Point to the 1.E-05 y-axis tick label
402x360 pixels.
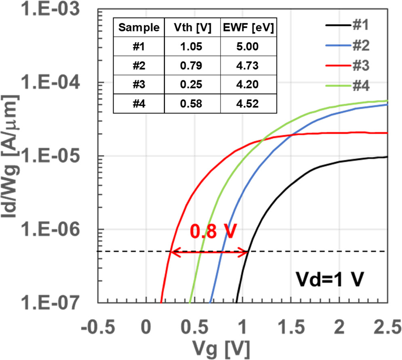48,156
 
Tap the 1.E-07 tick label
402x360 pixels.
48,302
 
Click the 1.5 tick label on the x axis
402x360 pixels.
290,326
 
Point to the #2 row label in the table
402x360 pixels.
139,66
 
